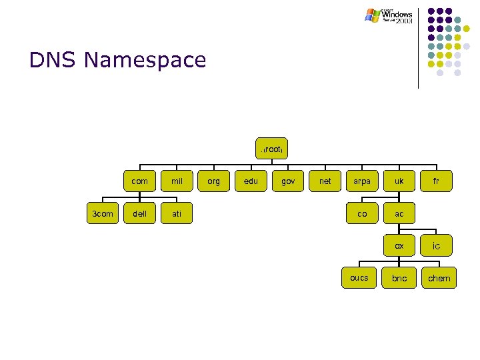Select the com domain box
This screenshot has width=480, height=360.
pos(140,181)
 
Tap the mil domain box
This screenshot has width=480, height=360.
pos(177,181)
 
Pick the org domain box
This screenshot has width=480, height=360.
pos(214,181)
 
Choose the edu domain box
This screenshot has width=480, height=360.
pos(251,181)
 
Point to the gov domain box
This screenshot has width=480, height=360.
pos(288,181)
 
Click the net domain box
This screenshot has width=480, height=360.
pos(325,181)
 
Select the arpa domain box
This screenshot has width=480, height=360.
pos(362,181)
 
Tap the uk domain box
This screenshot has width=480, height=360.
pos(399,181)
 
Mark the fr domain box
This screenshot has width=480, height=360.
pos(436,181)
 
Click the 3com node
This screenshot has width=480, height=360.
pos(102,213)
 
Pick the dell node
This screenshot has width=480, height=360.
pos(140,213)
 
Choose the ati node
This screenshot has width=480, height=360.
pos(177,213)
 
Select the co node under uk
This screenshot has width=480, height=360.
pos(362,213)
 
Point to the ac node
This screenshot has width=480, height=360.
pos(399,213)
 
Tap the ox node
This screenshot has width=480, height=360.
pos(399,245)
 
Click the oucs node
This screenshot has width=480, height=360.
pos(359,277)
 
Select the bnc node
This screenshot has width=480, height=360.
pos(399,278)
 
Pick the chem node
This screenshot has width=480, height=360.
pos(439,278)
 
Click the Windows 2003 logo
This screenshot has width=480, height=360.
pos(389,16)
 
